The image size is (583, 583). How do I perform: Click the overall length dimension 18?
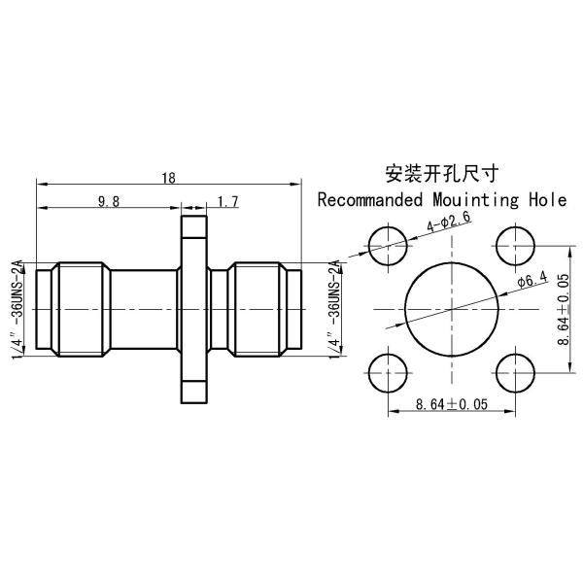[168, 178]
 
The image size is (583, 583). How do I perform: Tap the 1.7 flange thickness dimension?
[228, 201]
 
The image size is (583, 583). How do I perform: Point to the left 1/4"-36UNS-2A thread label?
[17, 308]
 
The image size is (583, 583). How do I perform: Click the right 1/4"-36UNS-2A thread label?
[334, 308]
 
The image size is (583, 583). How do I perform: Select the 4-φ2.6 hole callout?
[449, 224]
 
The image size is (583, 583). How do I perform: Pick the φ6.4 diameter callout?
[533, 281]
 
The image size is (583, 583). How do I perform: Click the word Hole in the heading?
[547, 201]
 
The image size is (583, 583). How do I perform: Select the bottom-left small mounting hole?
[390, 370]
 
